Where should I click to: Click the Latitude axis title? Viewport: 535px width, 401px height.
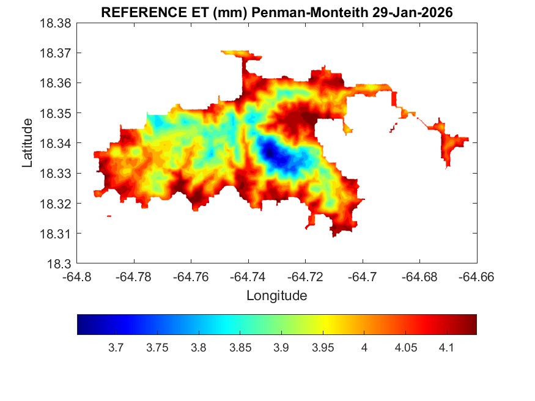(28, 143)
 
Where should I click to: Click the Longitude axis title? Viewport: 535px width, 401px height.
(276, 296)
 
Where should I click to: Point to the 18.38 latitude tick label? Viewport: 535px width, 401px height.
(56, 23)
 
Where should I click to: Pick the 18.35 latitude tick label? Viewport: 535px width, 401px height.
(56, 113)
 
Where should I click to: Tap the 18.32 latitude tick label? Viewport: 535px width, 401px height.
(56, 204)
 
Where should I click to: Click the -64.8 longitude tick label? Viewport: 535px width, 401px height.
(78, 277)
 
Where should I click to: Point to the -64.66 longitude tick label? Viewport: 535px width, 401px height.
(476, 277)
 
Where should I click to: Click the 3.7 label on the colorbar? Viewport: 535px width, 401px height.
(116, 348)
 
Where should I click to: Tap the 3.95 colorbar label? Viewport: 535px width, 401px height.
(323, 348)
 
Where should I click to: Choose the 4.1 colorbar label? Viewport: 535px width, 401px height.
(446, 348)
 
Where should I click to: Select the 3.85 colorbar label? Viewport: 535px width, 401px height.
(240, 348)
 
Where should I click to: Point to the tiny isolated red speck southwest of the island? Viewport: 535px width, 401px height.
(109, 216)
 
